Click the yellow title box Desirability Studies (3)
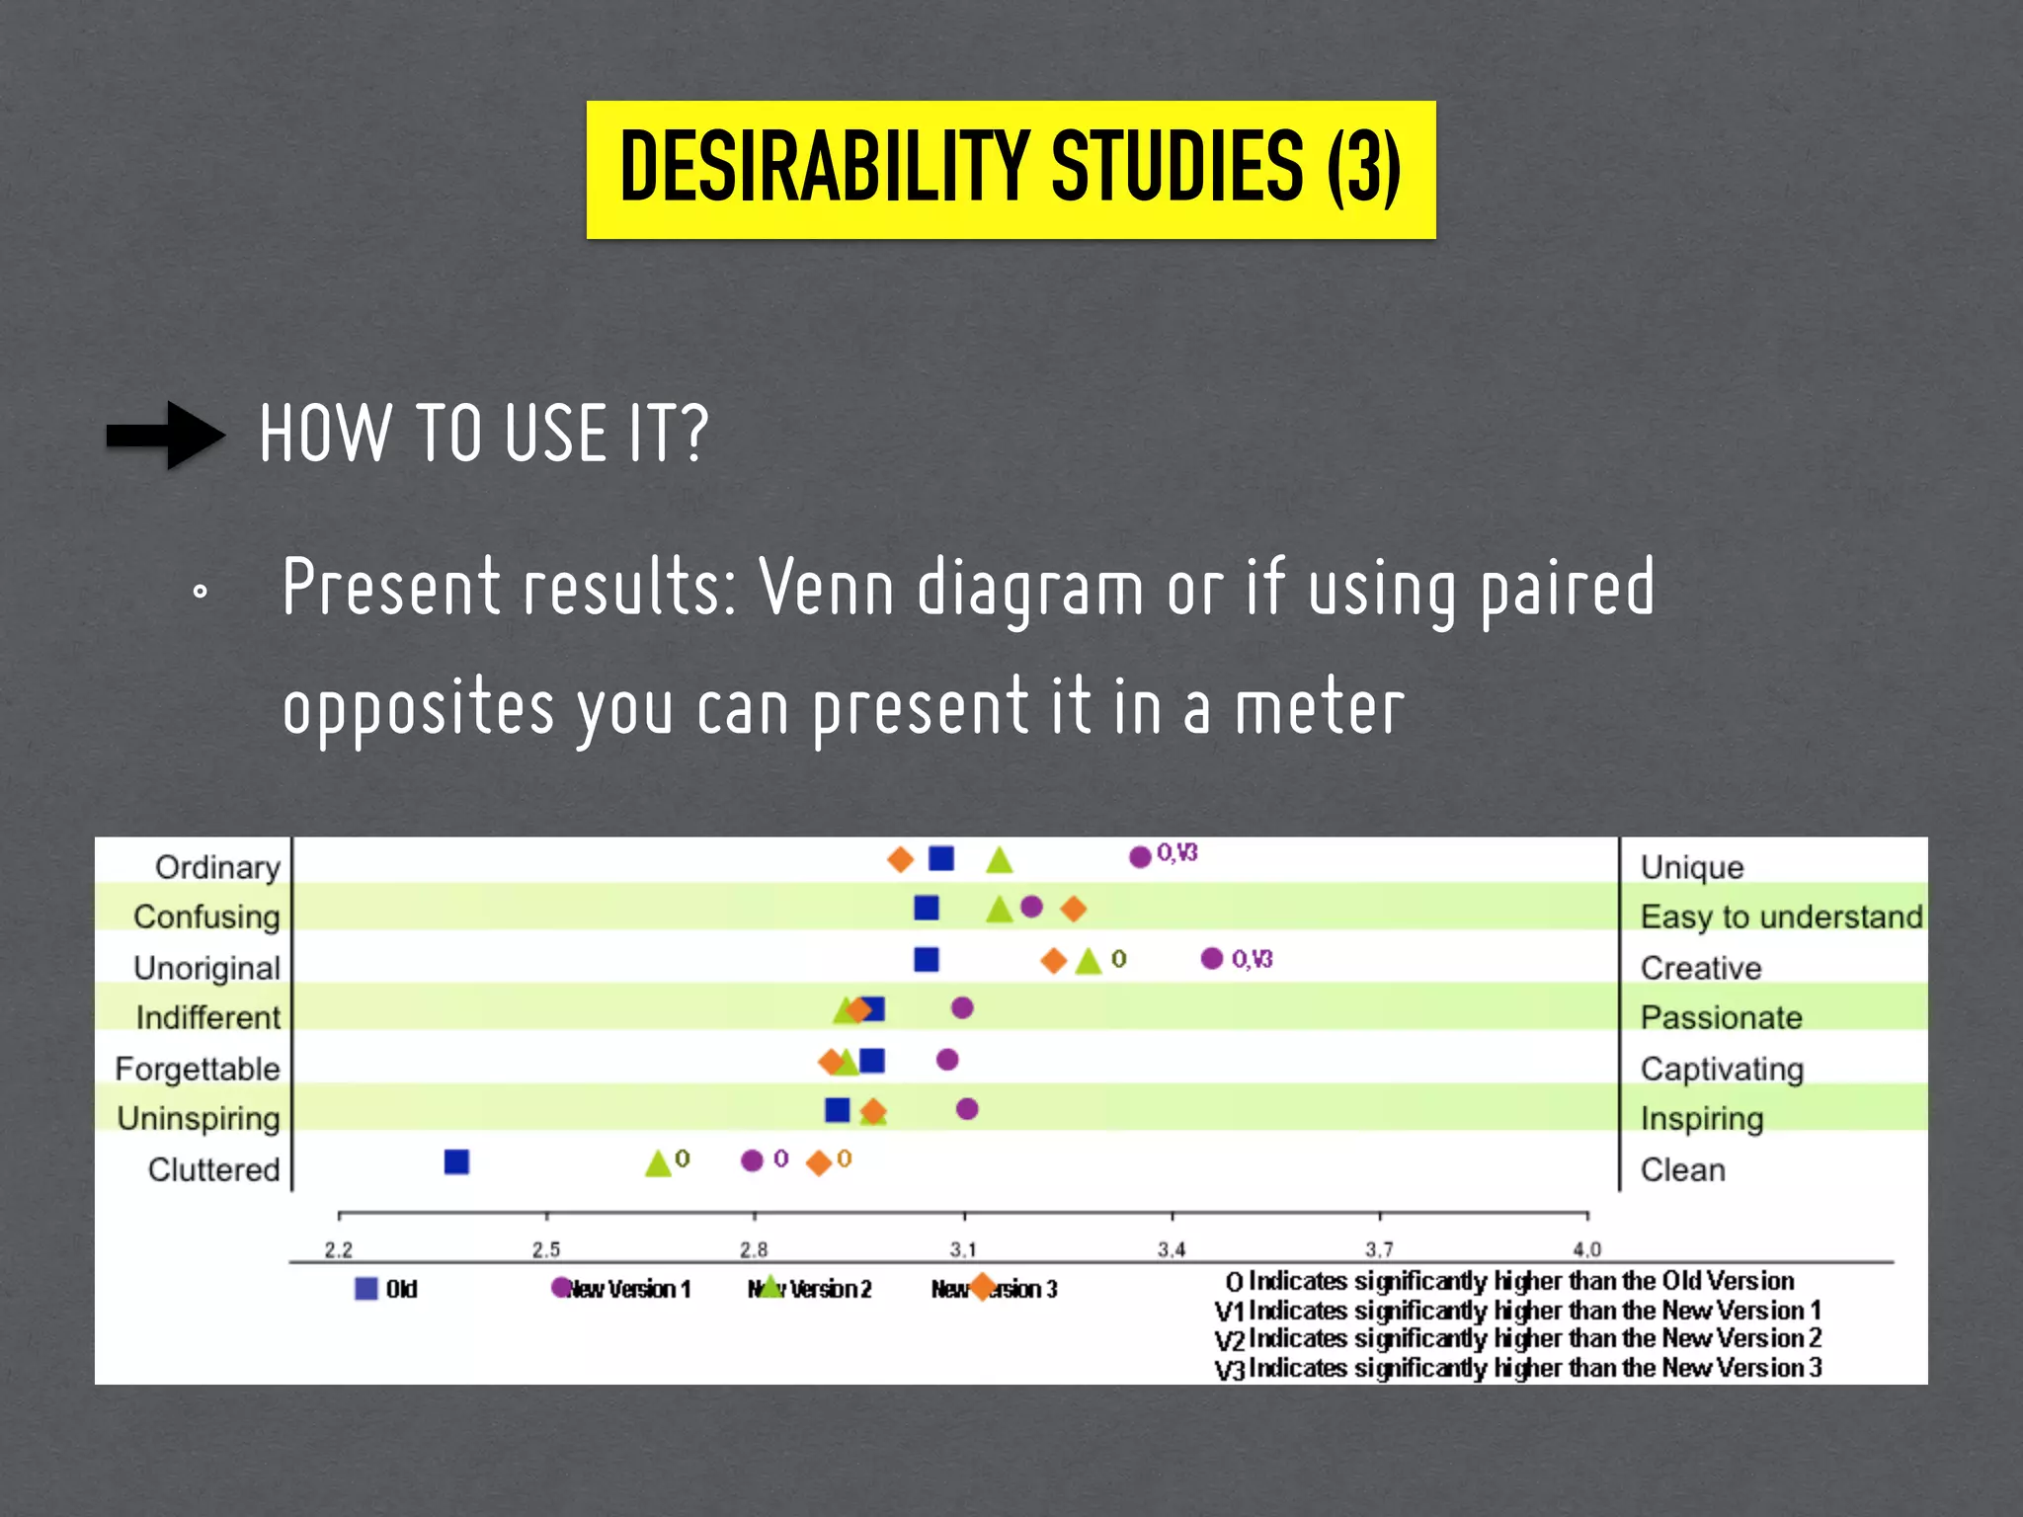coord(1011,169)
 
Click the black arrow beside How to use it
coord(166,435)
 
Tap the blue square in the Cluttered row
coord(456,1161)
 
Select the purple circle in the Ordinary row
coord(1140,856)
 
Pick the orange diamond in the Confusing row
coord(1073,908)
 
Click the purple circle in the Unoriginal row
coord(1212,958)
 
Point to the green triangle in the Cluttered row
coord(658,1163)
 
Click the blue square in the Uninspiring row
coord(838,1109)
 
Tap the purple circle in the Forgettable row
coord(947,1060)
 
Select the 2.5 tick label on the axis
coord(546,1249)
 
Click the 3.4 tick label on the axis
coord(1172,1249)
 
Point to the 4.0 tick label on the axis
coord(1586,1249)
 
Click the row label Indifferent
coord(208,1017)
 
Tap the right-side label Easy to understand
coord(1781,917)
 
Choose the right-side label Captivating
coord(1722,1069)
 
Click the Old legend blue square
coord(366,1289)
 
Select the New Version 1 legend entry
coord(622,1289)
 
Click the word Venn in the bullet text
coord(826,588)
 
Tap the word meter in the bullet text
coord(1320,708)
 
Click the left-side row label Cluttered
coord(214,1169)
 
